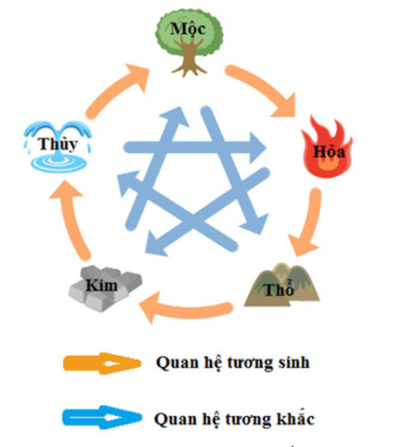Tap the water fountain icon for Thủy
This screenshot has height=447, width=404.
[58, 145]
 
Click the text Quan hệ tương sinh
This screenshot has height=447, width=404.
[232, 363]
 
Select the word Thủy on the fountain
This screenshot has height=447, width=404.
[58, 145]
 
